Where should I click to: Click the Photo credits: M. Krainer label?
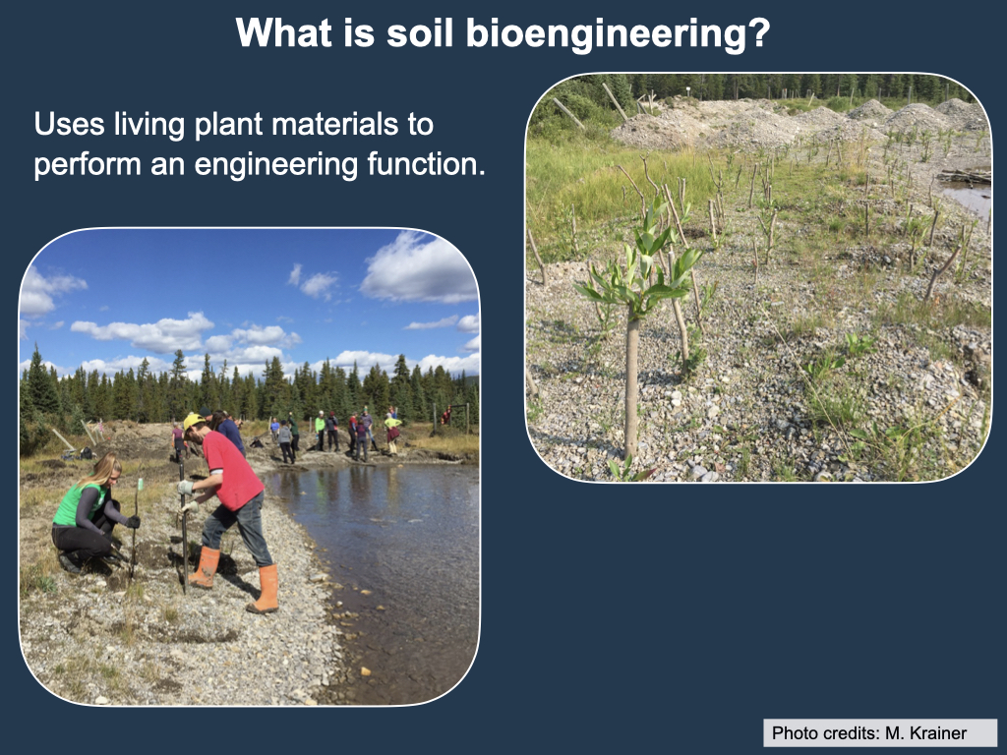tap(869, 733)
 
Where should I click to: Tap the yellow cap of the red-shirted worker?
tap(192, 421)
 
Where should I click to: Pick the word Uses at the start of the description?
tap(70, 124)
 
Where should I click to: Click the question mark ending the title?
tap(760, 32)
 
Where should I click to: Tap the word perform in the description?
tap(88, 165)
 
